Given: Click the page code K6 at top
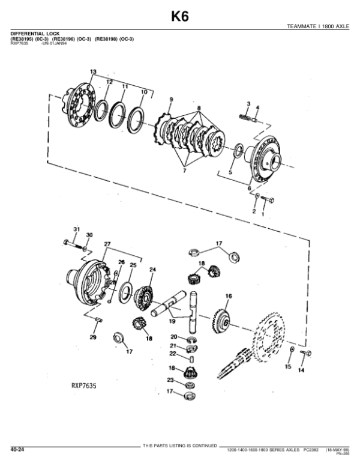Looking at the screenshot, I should click(179, 16).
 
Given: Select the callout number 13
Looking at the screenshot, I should click(93, 72).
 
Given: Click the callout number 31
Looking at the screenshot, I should click(76, 231).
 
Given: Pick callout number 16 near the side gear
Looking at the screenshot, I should click(228, 296).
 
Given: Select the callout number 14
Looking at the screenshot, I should click(301, 371).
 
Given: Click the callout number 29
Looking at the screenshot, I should click(93, 339).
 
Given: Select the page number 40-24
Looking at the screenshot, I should click(16, 449).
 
